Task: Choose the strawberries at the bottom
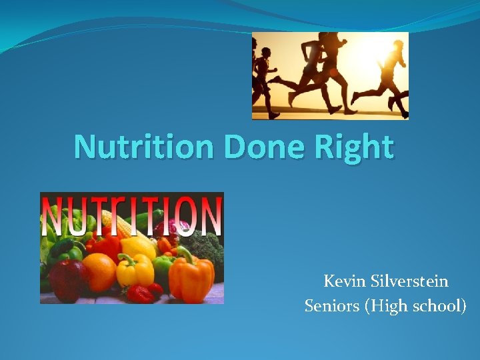(145, 293)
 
